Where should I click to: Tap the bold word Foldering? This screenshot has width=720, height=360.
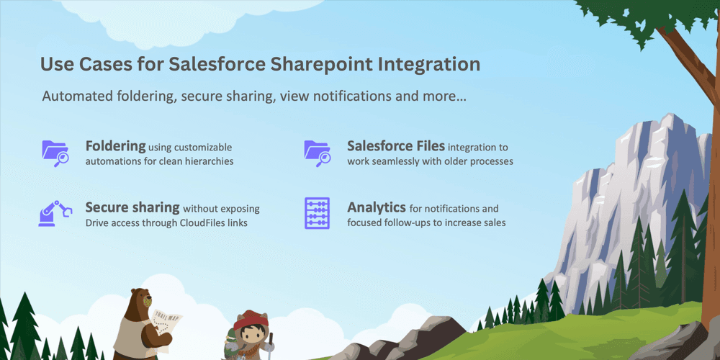[115, 145]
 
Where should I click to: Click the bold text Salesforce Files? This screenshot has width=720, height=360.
[394, 145]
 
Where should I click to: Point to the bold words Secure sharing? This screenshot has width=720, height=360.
[132, 207]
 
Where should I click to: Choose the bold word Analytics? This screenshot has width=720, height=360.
[377, 207]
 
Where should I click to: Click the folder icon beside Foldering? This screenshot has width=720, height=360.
[55, 152]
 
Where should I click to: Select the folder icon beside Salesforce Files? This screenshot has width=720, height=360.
[317, 152]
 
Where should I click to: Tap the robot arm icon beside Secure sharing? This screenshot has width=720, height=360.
[55, 213]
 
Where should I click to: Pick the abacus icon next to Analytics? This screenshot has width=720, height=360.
[317, 213]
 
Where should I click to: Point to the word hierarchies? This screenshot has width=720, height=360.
[205, 161]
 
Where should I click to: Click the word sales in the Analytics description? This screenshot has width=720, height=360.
[493, 223]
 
